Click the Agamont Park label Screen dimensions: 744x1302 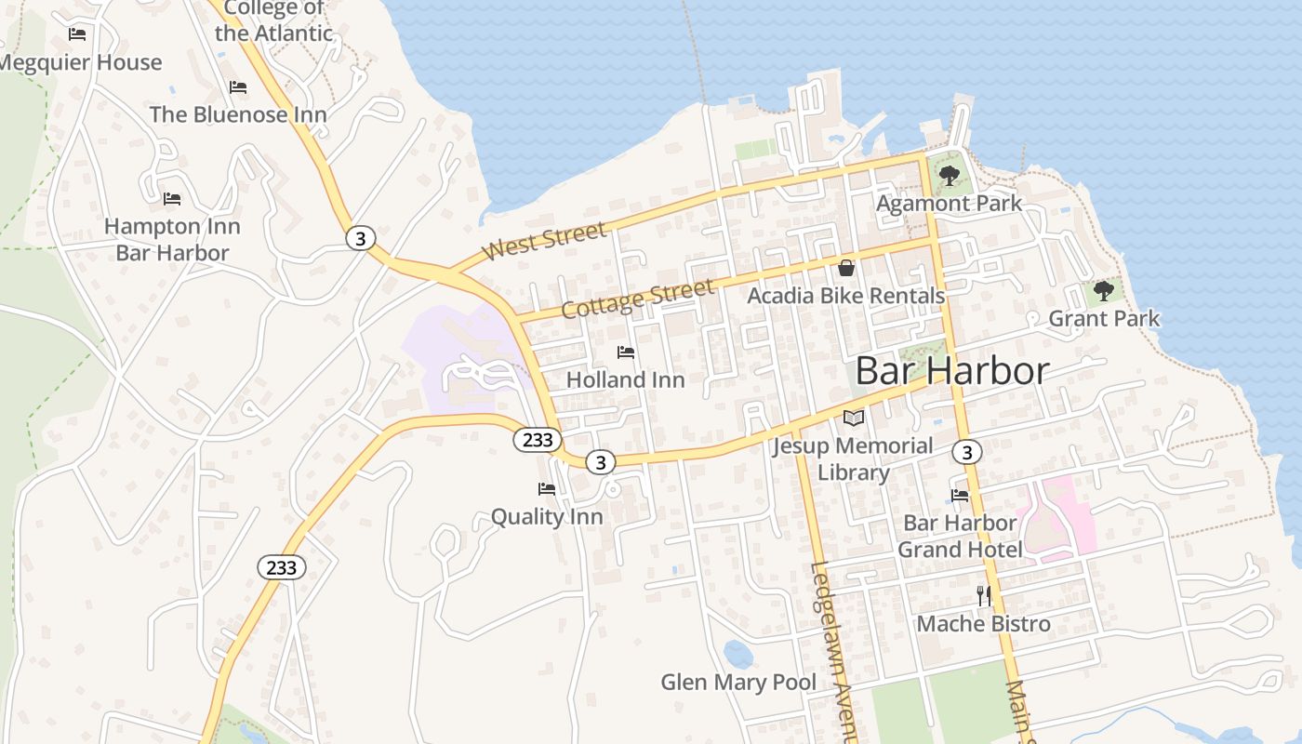(949, 203)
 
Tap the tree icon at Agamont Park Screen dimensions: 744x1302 (949, 175)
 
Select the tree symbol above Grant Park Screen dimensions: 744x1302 (1104, 291)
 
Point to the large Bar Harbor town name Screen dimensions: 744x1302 (951, 371)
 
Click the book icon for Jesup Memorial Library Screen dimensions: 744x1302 (853, 418)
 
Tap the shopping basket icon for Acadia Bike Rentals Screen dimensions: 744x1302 (846, 268)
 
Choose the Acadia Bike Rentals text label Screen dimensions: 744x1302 (846, 296)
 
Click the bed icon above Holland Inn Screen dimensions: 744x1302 (626, 352)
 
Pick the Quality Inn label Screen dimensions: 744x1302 (547, 516)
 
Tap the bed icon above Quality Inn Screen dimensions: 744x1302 (547, 488)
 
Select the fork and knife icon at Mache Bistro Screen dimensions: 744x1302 (984, 595)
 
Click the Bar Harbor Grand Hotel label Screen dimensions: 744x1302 (960, 536)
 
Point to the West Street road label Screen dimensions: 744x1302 (545, 241)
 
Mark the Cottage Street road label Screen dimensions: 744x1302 (639, 298)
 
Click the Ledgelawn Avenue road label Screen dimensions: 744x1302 (833, 651)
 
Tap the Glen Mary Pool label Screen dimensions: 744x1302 (738, 683)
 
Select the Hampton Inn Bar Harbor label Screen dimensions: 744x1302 (172, 239)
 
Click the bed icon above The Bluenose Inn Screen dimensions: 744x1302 (238, 87)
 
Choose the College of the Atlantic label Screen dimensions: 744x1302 (273, 20)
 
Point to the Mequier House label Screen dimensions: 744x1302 (80, 62)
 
